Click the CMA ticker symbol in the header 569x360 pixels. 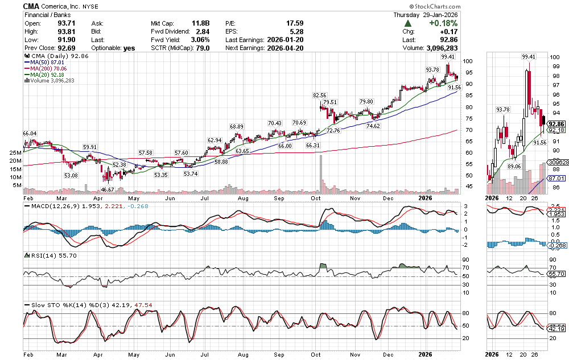pyautogui.click(x=31, y=6)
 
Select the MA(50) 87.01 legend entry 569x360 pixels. pyautogui.click(x=45, y=63)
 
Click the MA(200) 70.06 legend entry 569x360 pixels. pyautogui.click(x=47, y=69)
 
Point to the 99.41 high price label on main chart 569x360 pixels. pyautogui.click(x=448, y=57)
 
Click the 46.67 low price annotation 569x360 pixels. pyautogui.click(x=107, y=189)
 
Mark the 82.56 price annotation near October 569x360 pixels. pyautogui.click(x=320, y=95)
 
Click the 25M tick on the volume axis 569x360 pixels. pyautogui.click(x=15, y=153)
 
